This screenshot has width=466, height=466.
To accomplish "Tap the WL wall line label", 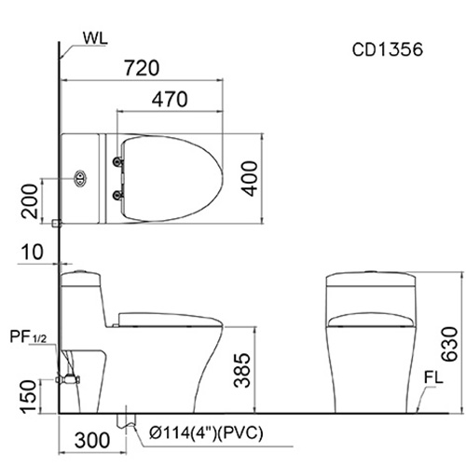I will pos(95,38).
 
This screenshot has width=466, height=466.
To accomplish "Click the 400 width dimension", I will pos(248,177).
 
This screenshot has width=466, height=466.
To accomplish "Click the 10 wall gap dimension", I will pos(30,251).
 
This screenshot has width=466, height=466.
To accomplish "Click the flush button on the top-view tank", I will pos(80,176).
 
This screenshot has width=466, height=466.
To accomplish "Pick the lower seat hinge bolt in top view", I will pos(116,194).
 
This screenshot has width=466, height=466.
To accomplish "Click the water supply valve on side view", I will pos(68,379).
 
